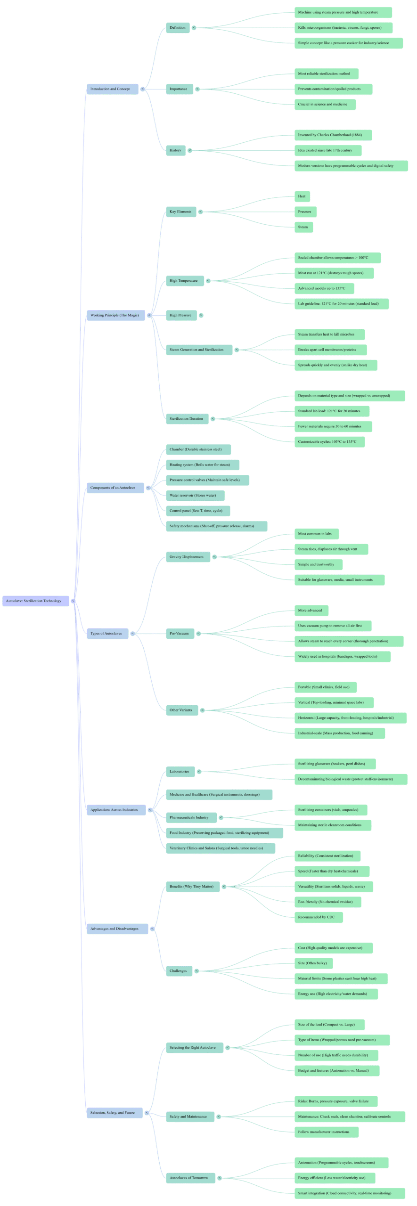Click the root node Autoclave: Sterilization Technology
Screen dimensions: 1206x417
point(33,601)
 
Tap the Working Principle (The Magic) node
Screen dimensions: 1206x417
point(114,315)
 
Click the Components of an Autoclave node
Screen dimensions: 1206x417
point(113,488)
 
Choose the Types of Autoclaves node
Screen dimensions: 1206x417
point(106,633)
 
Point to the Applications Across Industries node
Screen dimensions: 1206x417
point(114,810)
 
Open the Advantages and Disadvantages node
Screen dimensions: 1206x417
point(114,929)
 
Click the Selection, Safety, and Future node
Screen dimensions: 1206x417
point(113,1113)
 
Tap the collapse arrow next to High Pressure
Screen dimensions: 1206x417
point(201,315)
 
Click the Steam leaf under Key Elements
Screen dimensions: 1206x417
point(303,227)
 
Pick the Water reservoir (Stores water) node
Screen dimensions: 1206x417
point(193,495)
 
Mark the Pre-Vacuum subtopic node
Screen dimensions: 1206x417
point(179,633)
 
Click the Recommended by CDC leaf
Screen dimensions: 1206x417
point(316,917)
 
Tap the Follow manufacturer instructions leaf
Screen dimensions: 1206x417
point(324,1132)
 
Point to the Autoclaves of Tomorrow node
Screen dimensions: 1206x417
point(188,1178)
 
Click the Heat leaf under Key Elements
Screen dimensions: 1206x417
point(302,196)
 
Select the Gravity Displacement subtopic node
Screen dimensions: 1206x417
point(187,557)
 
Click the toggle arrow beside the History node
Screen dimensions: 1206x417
point(190,150)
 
